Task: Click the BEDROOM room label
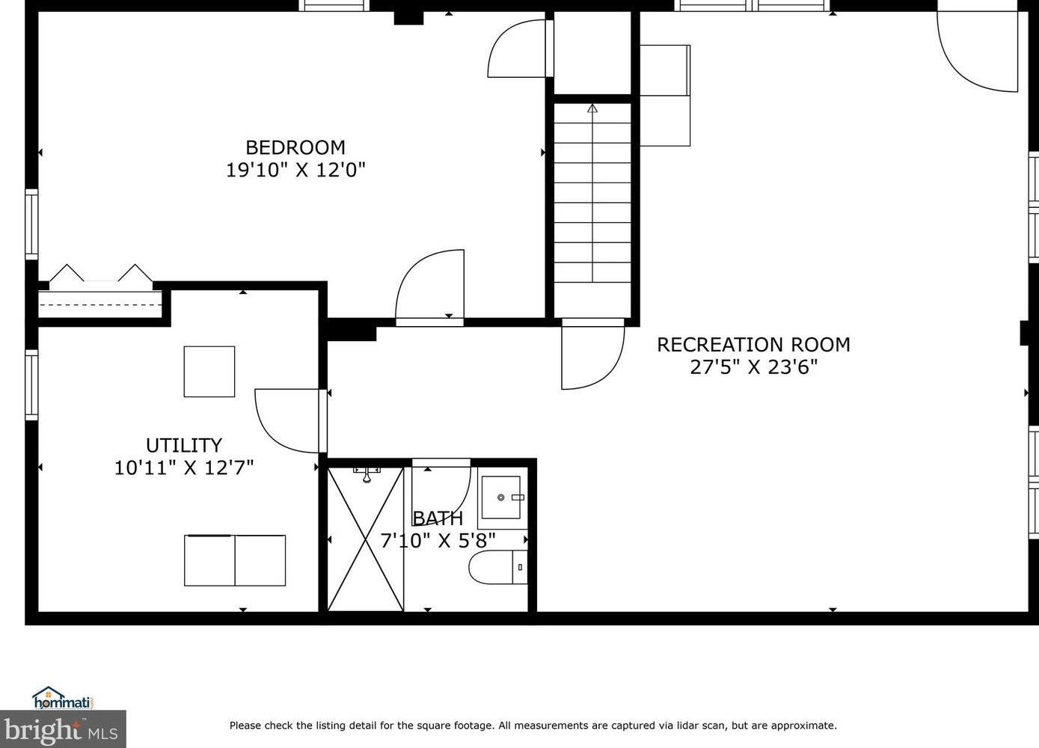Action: pyautogui.click(x=295, y=147)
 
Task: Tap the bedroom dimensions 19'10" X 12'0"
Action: pyautogui.click(x=295, y=170)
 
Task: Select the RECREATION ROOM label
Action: pyautogui.click(x=753, y=345)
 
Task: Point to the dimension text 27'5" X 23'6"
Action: pyautogui.click(x=753, y=367)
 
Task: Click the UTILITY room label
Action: pyautogui.click(x=183, y=446)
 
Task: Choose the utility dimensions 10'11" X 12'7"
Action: pyautogui.click(x=183, y=468)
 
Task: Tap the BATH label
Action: pyautogui.click(x=438, y=518)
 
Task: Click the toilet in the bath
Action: pyautogui.click(x=497, y=568)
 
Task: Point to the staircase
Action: pyautogui.click(x=592, y=202)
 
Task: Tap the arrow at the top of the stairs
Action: pyautogui.click(x=592, y=108)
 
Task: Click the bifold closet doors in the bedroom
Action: pyautogui.click(x=100, y=275)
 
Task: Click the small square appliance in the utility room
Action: pyautogui.click(x=209, y=371)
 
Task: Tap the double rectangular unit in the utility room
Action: pyautogui.click(x=235, y=560)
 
